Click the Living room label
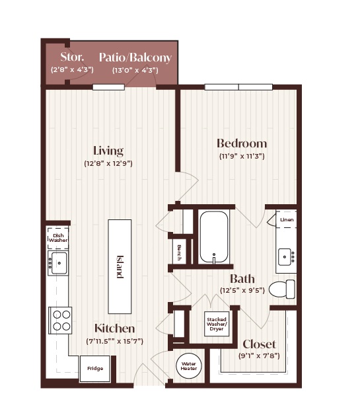tap(108, 151)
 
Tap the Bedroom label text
tap(242, 143)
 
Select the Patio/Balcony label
tap(135, 57)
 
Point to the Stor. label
tap(72, 57)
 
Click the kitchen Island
tap(120, 266)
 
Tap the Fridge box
tap(95, 369)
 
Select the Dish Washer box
tap(58, 238)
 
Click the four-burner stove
tap(60, 321)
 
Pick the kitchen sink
tap(58, 263)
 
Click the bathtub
tap(214, 237)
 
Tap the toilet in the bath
tap(282, 289)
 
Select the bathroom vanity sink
tap(286, 257)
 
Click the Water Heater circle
tap(189, 366)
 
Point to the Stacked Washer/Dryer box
tap(217, 324)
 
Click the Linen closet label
tap(287, 219)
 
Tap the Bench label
tap(179, 252)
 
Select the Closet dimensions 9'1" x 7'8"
tap(259, 356)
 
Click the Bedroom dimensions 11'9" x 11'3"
tap(242, 156)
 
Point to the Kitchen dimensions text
tap(115, 341)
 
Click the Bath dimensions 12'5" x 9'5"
tap(242, 290)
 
